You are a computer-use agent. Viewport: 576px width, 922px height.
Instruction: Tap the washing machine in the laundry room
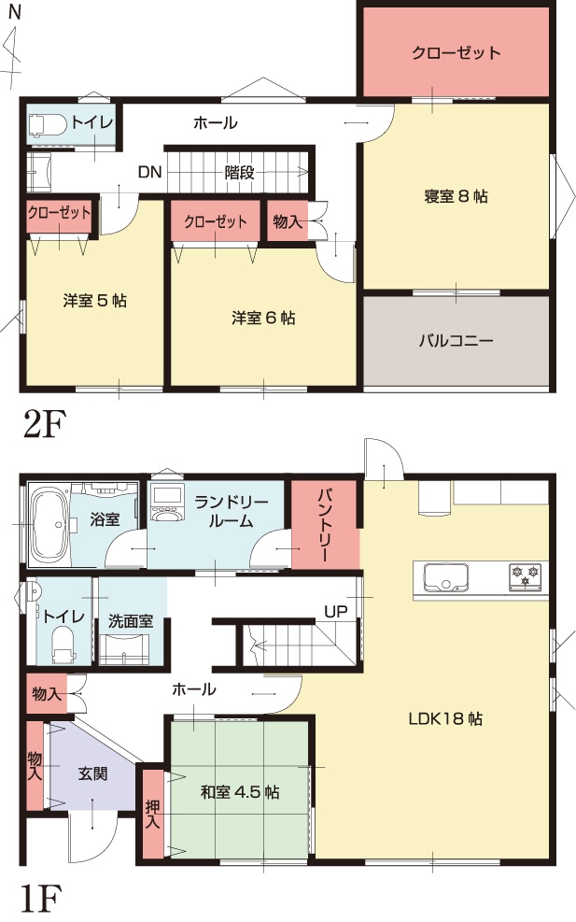(x=167, y=503)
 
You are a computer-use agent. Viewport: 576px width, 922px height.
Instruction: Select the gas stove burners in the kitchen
(x=525, y=576)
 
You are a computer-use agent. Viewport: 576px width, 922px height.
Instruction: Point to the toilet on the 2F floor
(x=48, y=124)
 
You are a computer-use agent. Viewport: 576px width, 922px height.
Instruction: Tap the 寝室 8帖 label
(x=456, y=196)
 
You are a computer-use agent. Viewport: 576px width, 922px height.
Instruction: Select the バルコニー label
(x=456, y=340)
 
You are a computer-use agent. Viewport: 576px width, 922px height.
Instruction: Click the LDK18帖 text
(x=445, y=718)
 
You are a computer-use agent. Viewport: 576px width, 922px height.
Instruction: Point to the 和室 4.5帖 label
(x=240, y=791)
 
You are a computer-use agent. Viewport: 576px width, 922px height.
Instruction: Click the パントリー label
(x=325, y=524)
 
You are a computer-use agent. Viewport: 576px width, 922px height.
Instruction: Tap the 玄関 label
(x=92, y=773)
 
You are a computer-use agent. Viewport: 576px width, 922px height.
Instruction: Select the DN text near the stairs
(x=150, y=172)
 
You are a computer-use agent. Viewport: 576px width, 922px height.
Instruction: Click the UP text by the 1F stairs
(x=335, y=612)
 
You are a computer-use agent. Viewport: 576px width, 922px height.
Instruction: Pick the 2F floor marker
(x=44, y=423)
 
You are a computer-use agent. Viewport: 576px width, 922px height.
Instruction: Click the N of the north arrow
(x=15, y=12)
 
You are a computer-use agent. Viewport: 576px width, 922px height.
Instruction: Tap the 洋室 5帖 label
(x=94, y=301)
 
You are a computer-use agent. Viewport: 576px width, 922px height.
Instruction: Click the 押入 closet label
(x=153, y=814)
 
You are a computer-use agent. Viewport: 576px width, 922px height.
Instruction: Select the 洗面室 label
(x=131, y=621)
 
